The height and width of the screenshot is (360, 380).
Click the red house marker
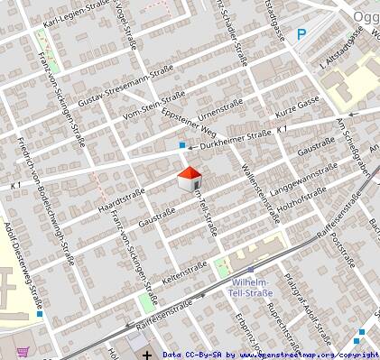(190, 178)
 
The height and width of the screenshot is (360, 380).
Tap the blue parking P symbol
(302, 36)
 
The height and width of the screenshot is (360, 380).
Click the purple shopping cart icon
(22, 351)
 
